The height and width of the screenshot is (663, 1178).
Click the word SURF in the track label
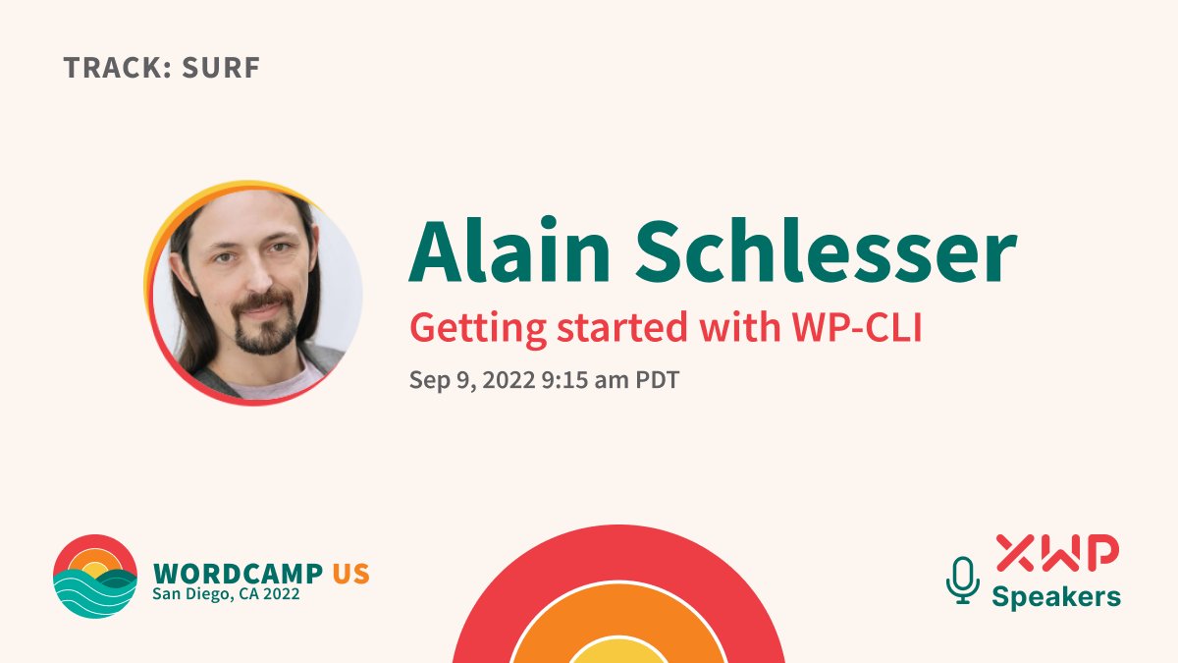221,68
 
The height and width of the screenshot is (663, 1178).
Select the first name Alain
509,249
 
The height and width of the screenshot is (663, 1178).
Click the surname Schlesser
827,249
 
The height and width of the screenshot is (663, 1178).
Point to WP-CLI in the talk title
857,327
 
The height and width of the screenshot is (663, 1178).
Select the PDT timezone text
658,380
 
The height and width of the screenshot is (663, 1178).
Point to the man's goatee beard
266,322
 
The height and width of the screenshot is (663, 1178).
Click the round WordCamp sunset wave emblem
95,577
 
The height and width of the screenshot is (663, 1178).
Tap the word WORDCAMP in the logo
238,574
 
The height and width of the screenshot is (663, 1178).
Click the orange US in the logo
351,574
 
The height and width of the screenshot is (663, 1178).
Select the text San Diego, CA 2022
226,594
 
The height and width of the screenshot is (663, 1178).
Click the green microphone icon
963,580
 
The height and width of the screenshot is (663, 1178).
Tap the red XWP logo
1057,552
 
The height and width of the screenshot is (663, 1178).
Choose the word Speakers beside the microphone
1056,598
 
